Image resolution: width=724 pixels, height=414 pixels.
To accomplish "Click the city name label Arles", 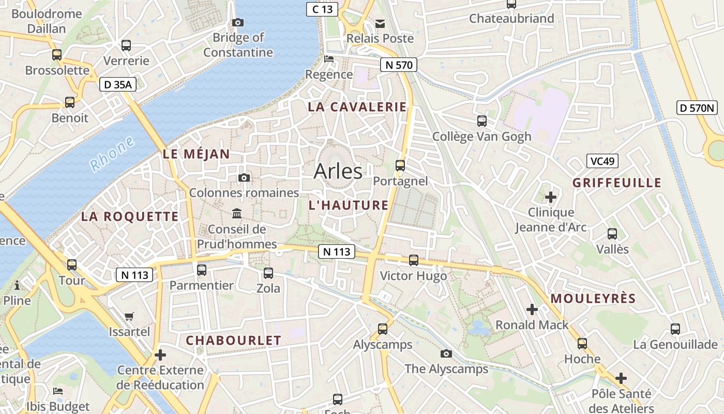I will coord(338,171).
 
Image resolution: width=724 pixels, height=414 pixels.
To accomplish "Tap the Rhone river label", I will coord(112,154).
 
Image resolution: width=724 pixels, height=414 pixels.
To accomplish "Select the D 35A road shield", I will coord(118,85).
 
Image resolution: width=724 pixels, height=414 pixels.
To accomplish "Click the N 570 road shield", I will coord(398,65).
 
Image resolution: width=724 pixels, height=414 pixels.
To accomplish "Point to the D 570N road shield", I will coord(698,108).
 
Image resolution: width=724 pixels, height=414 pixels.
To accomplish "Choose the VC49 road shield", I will coord(602,161).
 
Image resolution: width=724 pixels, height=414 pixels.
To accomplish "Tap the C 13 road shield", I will coord(322,9).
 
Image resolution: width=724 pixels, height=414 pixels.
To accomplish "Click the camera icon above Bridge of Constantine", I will coord(238,22).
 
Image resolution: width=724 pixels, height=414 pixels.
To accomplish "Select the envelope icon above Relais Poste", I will coord(380,23).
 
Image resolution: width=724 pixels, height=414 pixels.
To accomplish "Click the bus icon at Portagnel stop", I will coord(400,166).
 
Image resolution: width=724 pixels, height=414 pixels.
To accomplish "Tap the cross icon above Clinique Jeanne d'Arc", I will coord(551,197).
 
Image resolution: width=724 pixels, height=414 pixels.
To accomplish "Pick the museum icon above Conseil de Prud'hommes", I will coord(237,213).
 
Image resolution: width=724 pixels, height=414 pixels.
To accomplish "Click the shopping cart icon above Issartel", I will coord(129,316).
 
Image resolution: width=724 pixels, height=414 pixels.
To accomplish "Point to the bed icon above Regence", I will coord(329,58).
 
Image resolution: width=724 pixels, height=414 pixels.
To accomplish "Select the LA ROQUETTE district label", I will coord(129,216).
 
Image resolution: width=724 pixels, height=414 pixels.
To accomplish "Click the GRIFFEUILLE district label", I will coord(617,183).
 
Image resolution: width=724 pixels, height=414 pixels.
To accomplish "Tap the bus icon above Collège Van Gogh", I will coord(482,121).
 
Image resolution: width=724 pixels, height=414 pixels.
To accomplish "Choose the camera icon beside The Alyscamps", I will coord(446,353).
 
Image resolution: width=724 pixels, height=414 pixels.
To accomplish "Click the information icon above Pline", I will coord(17,285).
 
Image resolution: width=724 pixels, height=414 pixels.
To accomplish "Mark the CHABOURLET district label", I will coord(233,341).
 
